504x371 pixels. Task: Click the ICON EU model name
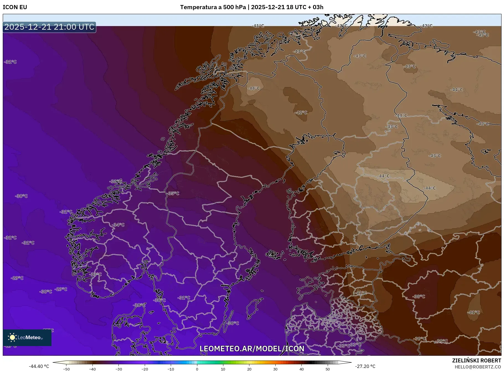[x=15, y=7]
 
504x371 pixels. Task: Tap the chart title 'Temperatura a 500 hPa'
[x=213, y=7]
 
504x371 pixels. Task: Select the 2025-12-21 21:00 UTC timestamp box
[x=49, y=27]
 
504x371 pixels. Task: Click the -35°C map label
[x=173, y=193]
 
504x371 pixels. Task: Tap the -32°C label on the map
[x=116, y=181]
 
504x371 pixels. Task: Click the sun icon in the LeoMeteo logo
[x=12, y=337]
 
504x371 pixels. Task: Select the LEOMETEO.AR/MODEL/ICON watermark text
[x=252, y=349]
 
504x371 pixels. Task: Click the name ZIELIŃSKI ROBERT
[x=476, y=360]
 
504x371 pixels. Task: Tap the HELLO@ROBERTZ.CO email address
[x=478, y=367]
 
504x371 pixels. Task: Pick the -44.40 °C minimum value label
[x=39, y=366]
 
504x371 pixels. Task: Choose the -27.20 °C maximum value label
[x=365, y=366]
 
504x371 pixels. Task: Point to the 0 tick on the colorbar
[x=197, y=369]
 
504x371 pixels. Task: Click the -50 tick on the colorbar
[x=66, y=369]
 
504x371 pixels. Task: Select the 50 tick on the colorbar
[x=328, y=369]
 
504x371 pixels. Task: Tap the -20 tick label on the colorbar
[x=144, y=369]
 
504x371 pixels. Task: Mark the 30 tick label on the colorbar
[x=275, y=369]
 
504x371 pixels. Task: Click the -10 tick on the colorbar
[x=171, y=369]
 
